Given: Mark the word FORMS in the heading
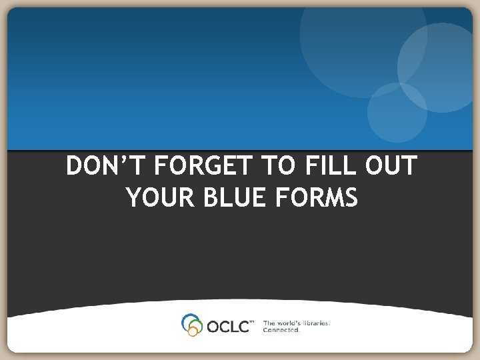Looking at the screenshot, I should (320, 197).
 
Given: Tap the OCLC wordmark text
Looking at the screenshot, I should (227, 326).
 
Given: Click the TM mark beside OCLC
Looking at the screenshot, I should (251, 322).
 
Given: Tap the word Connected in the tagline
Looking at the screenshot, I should (281, 330).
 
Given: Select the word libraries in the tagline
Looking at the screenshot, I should (313, 323).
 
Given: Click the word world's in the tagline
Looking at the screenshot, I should (286, 323).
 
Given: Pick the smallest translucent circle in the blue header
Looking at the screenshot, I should (397, 112).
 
